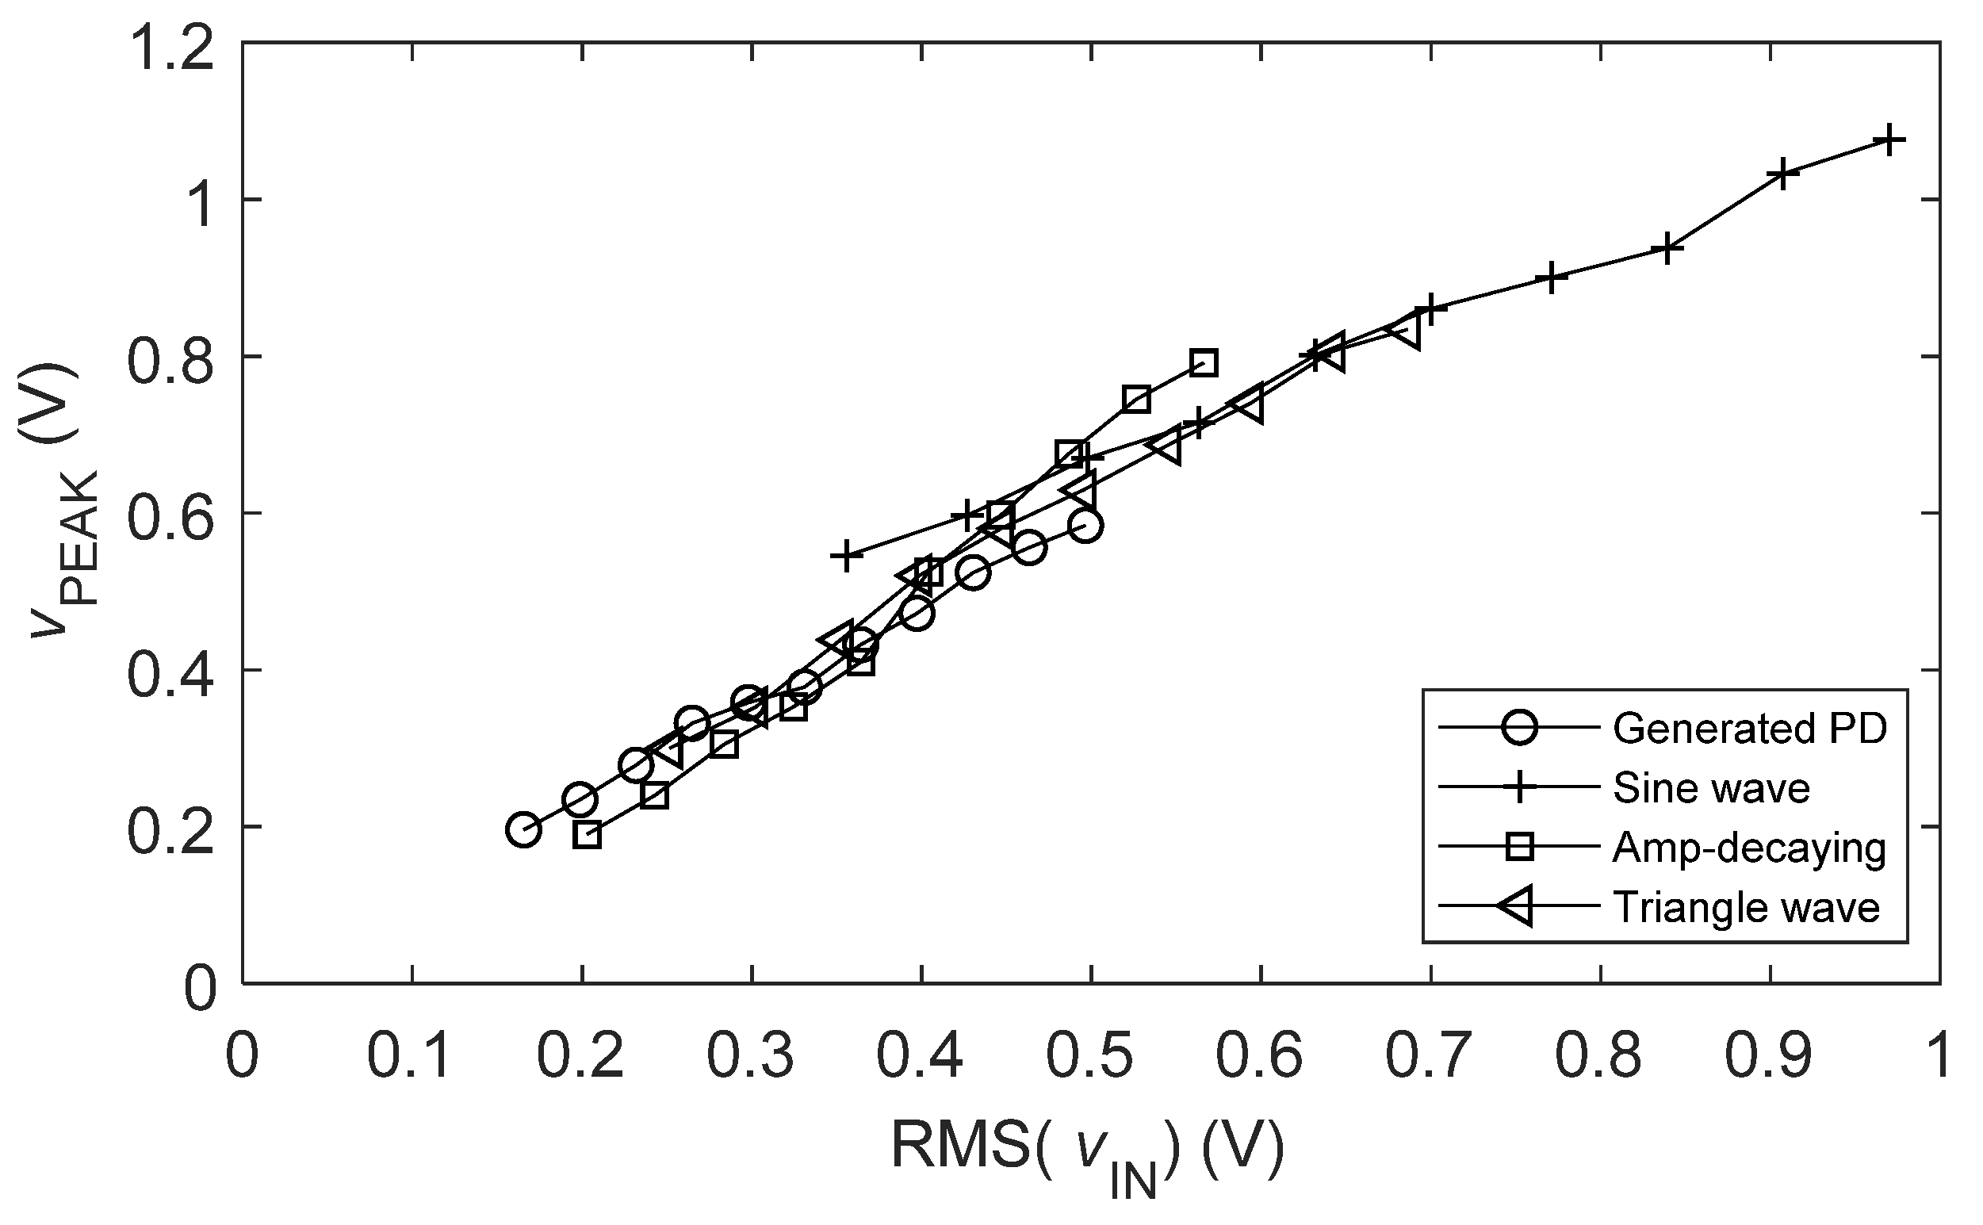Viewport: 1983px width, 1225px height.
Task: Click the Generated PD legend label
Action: coord(1750,729)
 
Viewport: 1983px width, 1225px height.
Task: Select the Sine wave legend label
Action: coord(1711,788)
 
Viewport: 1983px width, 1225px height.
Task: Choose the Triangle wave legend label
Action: coord(1746,907)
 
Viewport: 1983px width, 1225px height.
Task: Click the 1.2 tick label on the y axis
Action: coord(172,47)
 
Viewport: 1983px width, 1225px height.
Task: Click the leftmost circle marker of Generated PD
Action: coord(523,829)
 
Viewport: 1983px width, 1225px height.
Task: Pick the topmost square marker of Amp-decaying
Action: coord(1204,363)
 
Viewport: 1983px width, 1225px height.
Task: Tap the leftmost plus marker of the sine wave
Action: coord(845,556)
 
